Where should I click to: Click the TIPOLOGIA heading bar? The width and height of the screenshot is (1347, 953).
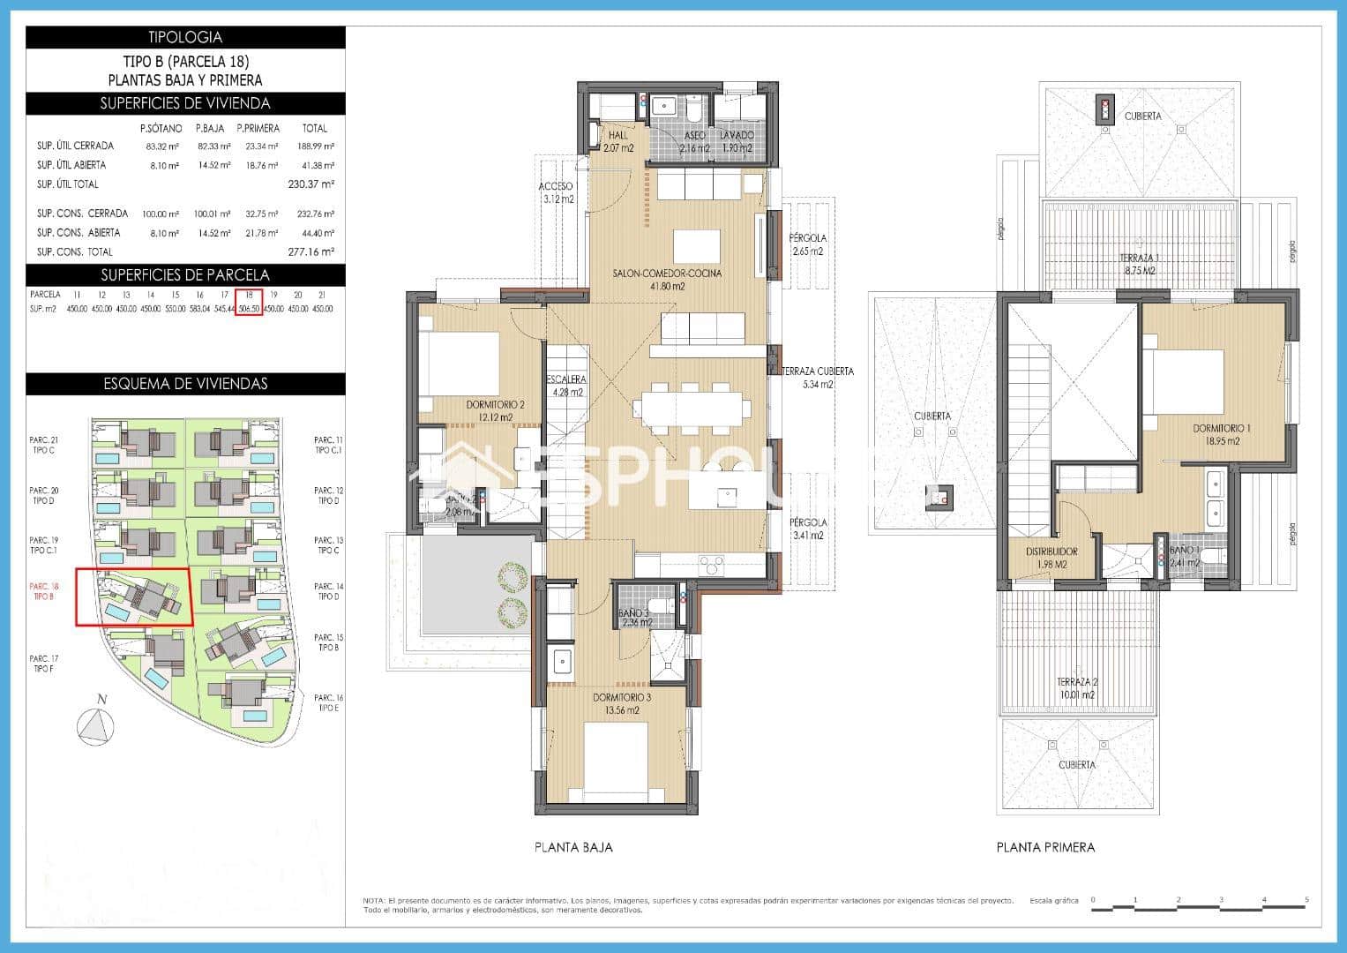point(185,37)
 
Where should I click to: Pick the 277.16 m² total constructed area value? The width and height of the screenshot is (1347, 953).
point(311,251)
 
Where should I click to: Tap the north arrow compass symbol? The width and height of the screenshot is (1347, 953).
point(96,725)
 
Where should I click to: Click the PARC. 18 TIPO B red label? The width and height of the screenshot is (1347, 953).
point(43,591)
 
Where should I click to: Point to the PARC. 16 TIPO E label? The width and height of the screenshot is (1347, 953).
point(328,702)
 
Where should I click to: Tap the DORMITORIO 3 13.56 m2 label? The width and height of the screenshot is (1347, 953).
point(622,703)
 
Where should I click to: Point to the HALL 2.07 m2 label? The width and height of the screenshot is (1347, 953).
point(618,141)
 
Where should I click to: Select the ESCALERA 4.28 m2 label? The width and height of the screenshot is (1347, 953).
point(565,386)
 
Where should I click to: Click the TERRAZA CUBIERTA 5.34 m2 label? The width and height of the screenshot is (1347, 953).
point(818,378)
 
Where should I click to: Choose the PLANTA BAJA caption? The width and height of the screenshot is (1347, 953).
point(573,847)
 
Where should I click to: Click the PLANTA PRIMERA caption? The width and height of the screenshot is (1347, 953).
point(1045,847)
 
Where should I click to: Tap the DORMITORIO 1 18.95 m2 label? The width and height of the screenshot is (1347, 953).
point(1221,434)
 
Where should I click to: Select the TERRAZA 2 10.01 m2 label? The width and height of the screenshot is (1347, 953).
point(1076,687)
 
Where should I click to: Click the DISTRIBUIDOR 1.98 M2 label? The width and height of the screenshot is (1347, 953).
point(1051,558)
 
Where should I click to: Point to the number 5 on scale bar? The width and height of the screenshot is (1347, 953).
point(1306,900)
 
